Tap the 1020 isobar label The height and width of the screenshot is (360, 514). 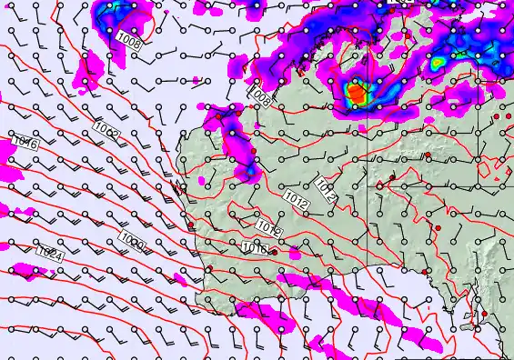click(x=132, y=241)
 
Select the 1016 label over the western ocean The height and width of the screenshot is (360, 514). click(x=25, y=144)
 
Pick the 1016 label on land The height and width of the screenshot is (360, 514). click(x=255, y=246)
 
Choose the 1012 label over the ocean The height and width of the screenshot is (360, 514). click(x=106, y=134)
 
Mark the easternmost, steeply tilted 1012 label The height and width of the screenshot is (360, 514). click(x=327, y=190)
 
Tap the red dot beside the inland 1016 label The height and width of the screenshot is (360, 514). click(x=274, y=252)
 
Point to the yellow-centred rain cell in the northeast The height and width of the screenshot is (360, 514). click(x=438, y=62)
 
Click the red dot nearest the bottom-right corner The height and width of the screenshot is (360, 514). click(x=484, y=315)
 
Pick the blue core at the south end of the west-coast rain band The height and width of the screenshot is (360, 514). click(x=247, y=170)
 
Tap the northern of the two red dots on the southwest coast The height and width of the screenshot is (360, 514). click(x=191, y=226)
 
